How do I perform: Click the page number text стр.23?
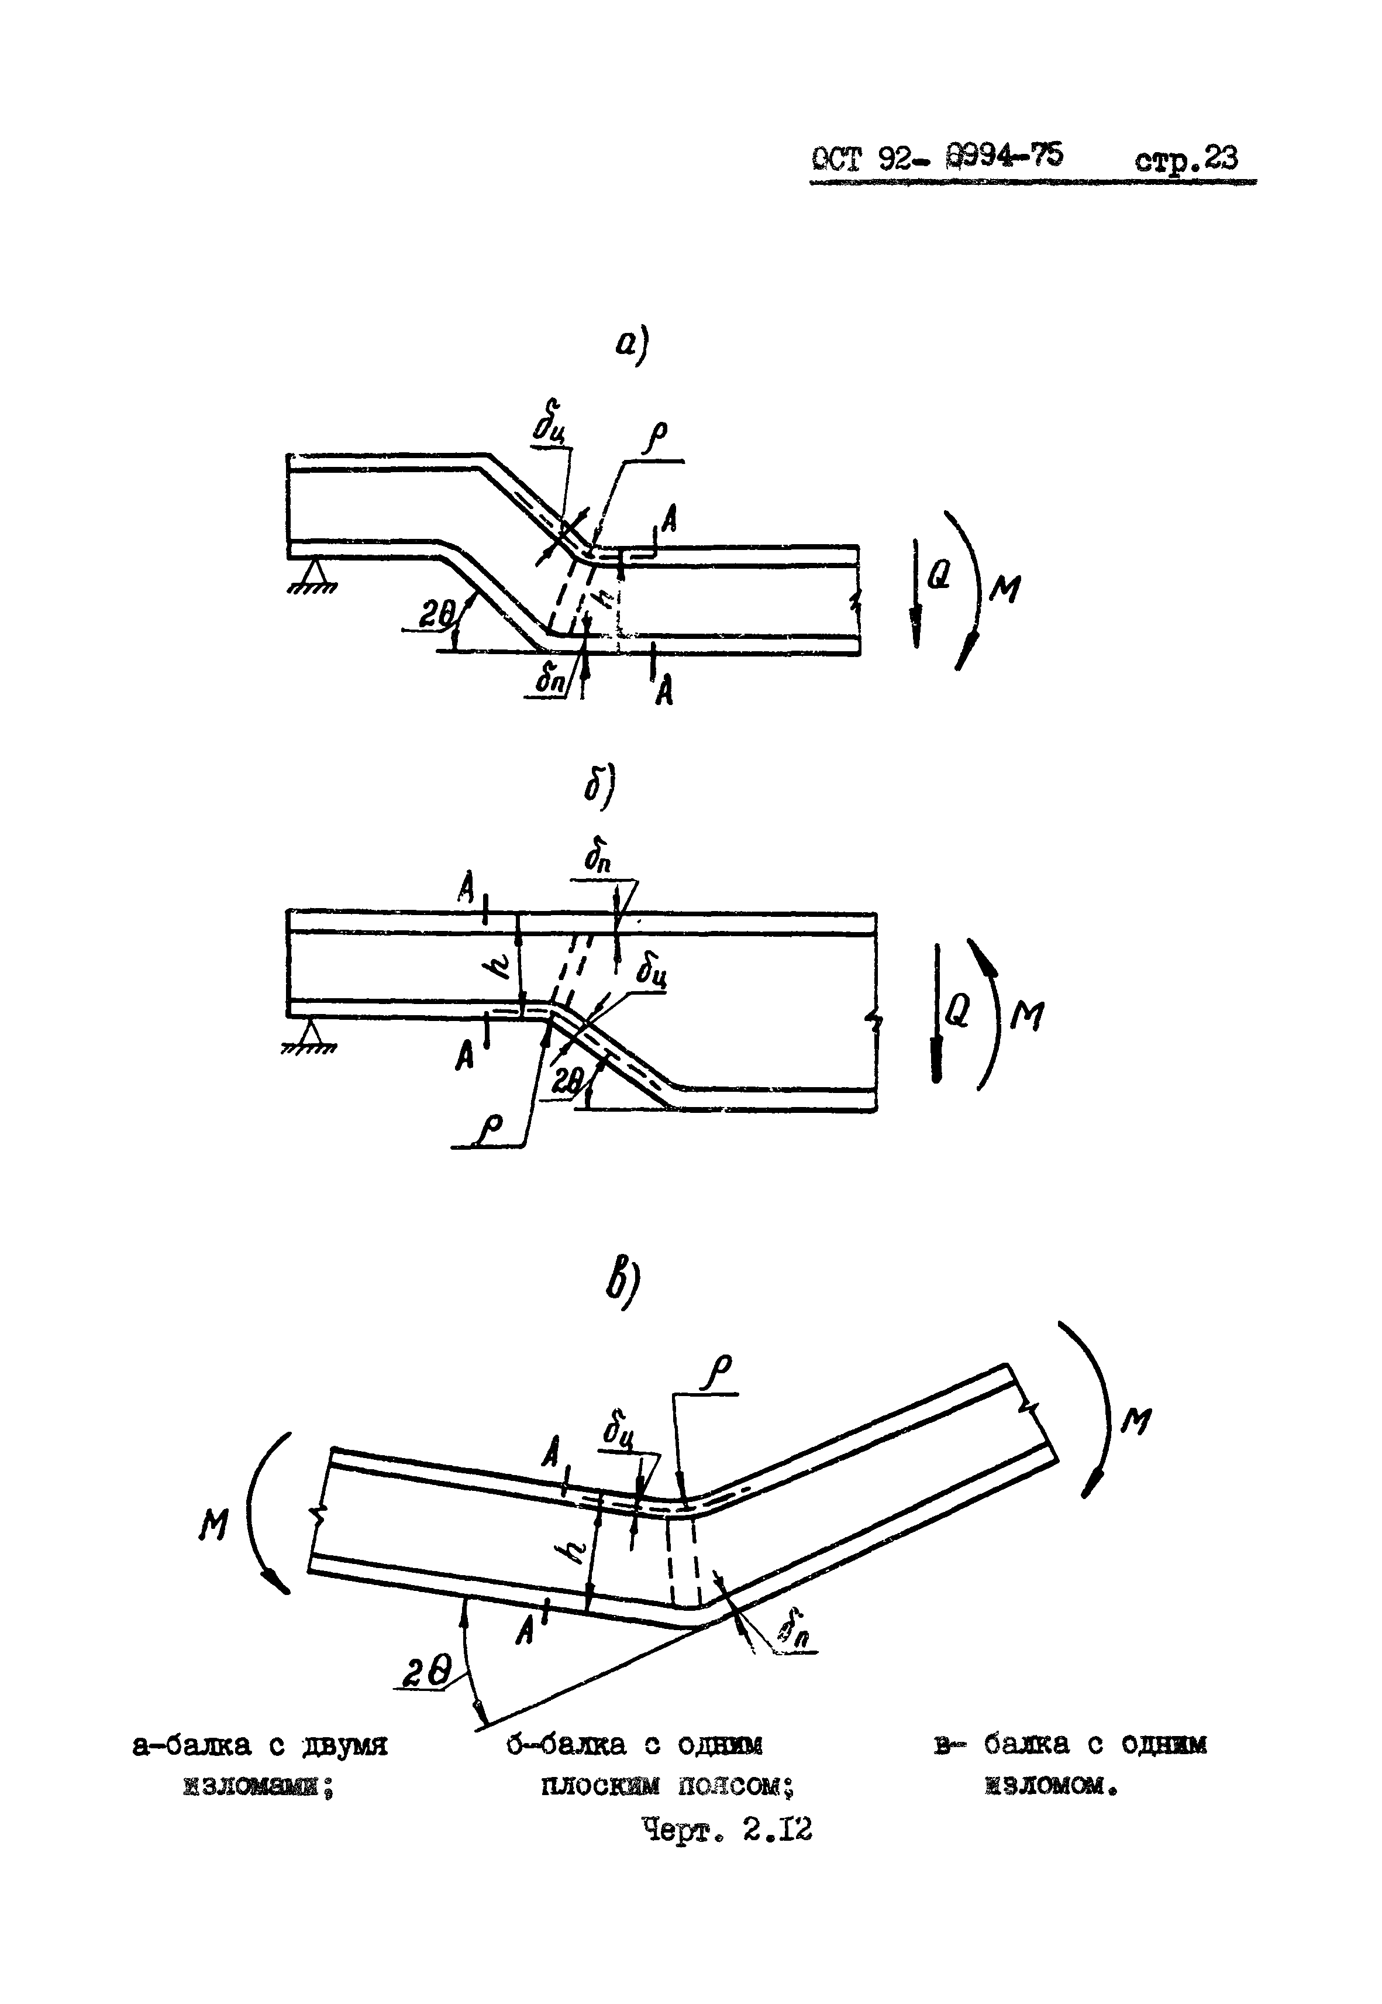1185,159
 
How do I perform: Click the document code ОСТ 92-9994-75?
937,157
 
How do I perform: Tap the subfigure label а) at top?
631,346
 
